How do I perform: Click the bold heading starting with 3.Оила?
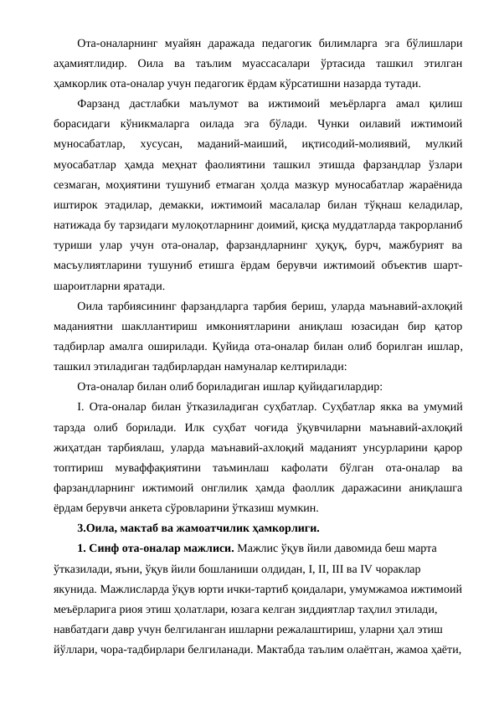[198, 529]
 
